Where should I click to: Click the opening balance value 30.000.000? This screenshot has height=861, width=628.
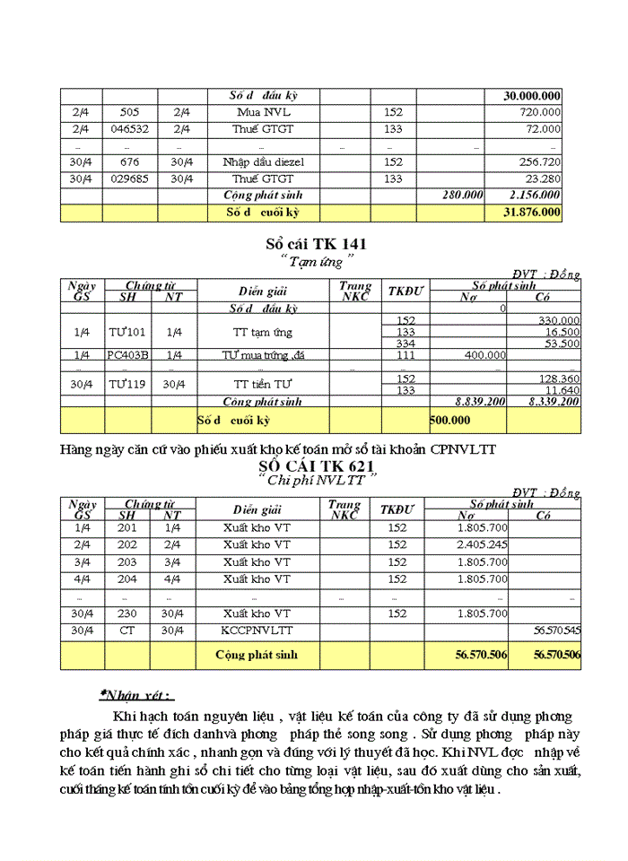coord(532,97)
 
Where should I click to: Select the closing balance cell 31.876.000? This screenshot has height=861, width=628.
coord(532,213)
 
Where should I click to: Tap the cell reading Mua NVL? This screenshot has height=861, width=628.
coord(264,113)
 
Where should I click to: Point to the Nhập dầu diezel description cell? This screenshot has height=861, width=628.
coord(264,162)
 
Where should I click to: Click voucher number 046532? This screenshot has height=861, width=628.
coord(129,129)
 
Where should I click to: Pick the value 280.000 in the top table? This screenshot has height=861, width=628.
coord(462,195)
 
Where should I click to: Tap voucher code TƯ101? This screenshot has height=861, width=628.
coord(126,332)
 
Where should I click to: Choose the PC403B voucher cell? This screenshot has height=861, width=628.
coord(127,355)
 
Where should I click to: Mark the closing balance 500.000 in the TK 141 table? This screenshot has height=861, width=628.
coord(452,419)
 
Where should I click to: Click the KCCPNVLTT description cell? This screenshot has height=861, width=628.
coord(257,631)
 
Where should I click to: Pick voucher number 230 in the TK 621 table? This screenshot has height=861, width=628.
coord(127,613)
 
